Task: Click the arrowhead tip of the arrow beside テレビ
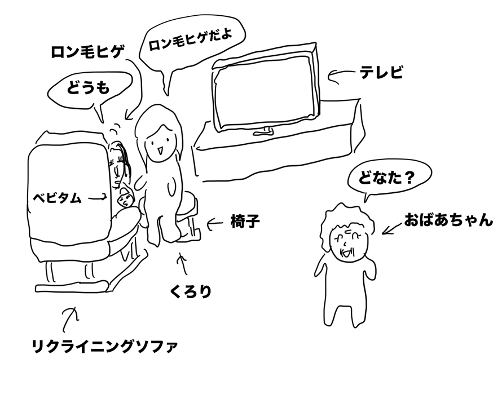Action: (329, 76)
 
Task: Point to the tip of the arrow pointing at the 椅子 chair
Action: (207, 224)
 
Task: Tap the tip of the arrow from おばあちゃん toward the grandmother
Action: (382, 234)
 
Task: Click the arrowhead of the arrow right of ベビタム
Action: (107, 198)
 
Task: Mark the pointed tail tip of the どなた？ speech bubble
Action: (365, 202)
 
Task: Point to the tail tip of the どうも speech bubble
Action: (103, 122)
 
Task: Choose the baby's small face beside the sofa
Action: (125, 201)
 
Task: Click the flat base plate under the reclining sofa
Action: (72, 286)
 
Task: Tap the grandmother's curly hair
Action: (347, 221)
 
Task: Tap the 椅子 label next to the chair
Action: (245, 221)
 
